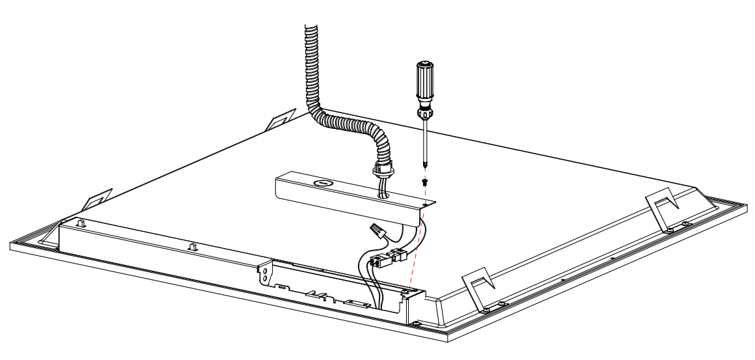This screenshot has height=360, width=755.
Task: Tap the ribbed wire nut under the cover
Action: [376, 229]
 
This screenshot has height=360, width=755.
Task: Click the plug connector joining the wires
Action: [383, 260]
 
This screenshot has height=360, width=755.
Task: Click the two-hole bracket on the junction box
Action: [266, 273]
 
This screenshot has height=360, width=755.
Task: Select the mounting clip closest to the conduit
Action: [282, 118]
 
